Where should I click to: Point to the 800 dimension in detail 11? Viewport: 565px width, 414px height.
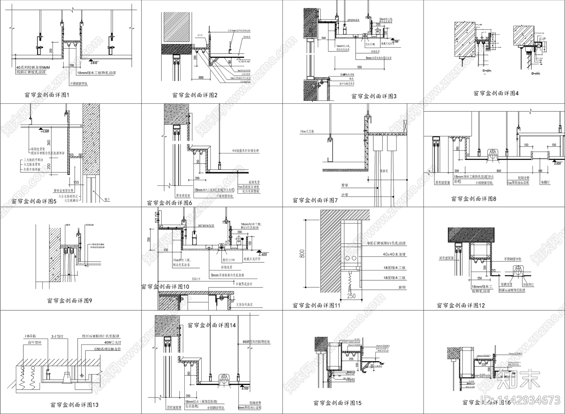point(302,254)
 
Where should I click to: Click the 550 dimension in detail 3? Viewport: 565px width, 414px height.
point(359,67)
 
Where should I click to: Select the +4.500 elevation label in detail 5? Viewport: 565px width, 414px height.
point(44,131)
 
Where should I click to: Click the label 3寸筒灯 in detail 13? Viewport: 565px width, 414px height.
point(56,336)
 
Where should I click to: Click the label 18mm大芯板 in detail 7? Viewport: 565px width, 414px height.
point(307,131)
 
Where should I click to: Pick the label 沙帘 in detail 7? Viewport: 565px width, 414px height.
point(345,195)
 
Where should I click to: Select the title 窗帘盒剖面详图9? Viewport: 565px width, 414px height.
point(69,301)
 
